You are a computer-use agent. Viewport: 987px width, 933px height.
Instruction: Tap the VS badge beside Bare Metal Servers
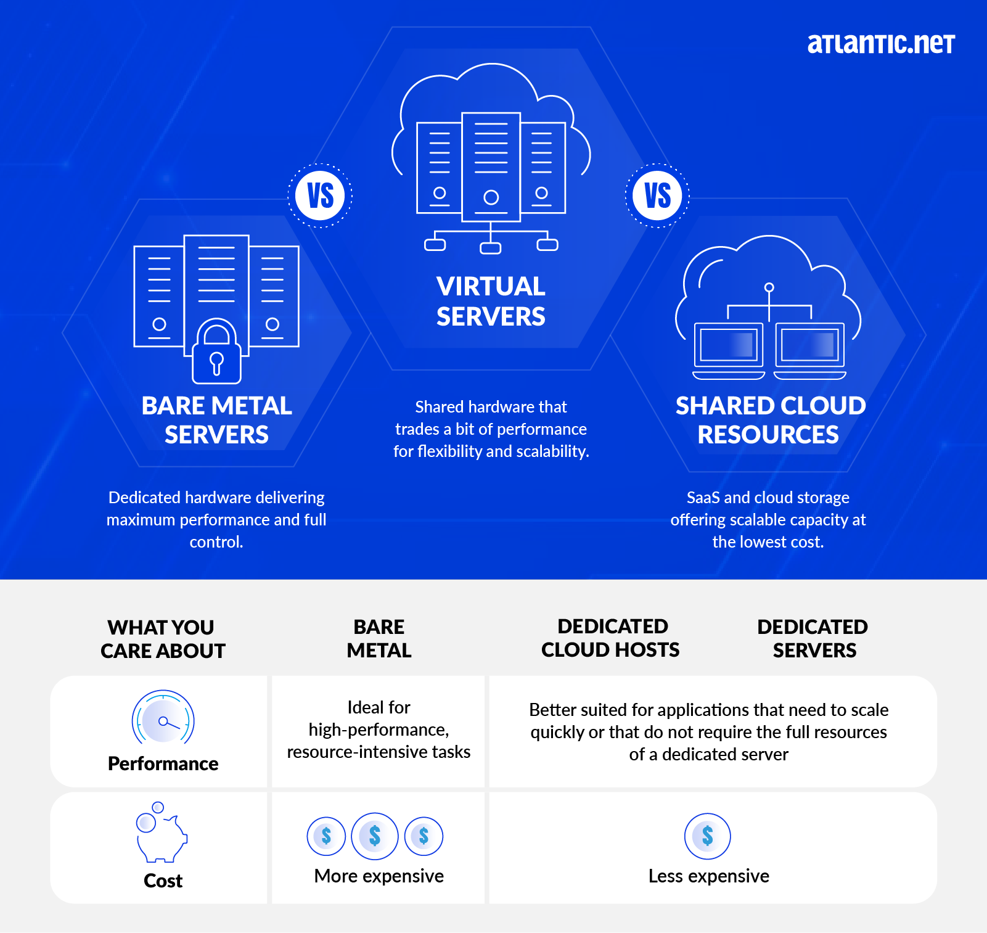(320, 196)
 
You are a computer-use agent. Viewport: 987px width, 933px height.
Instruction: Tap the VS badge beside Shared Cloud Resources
(657, 196)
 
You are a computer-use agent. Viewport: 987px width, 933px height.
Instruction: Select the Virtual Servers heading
(491, 302)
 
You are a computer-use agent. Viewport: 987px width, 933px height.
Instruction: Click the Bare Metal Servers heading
(216, 420)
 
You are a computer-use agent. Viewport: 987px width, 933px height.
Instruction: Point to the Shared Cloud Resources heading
(770, 420)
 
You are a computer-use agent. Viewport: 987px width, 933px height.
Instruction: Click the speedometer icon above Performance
(163, 719)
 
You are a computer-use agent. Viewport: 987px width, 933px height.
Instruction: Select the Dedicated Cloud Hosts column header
(611, 638)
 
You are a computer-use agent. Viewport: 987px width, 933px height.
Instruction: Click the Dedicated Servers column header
(813, 638)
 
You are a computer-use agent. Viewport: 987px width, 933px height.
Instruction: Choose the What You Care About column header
(163, 639)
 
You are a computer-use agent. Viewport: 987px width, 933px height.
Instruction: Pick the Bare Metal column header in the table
(379, 638)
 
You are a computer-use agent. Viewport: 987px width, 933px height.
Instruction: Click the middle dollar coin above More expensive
(375, 836)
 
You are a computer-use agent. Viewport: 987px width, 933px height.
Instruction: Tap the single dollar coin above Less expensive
(708, 836)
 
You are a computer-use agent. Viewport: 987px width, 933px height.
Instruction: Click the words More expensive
(379, 876)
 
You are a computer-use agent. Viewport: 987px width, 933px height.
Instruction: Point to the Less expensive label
(708, 876)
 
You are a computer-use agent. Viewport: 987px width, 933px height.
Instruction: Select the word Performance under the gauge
(163, 763)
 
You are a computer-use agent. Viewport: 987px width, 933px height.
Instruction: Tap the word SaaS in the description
(703, 498)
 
